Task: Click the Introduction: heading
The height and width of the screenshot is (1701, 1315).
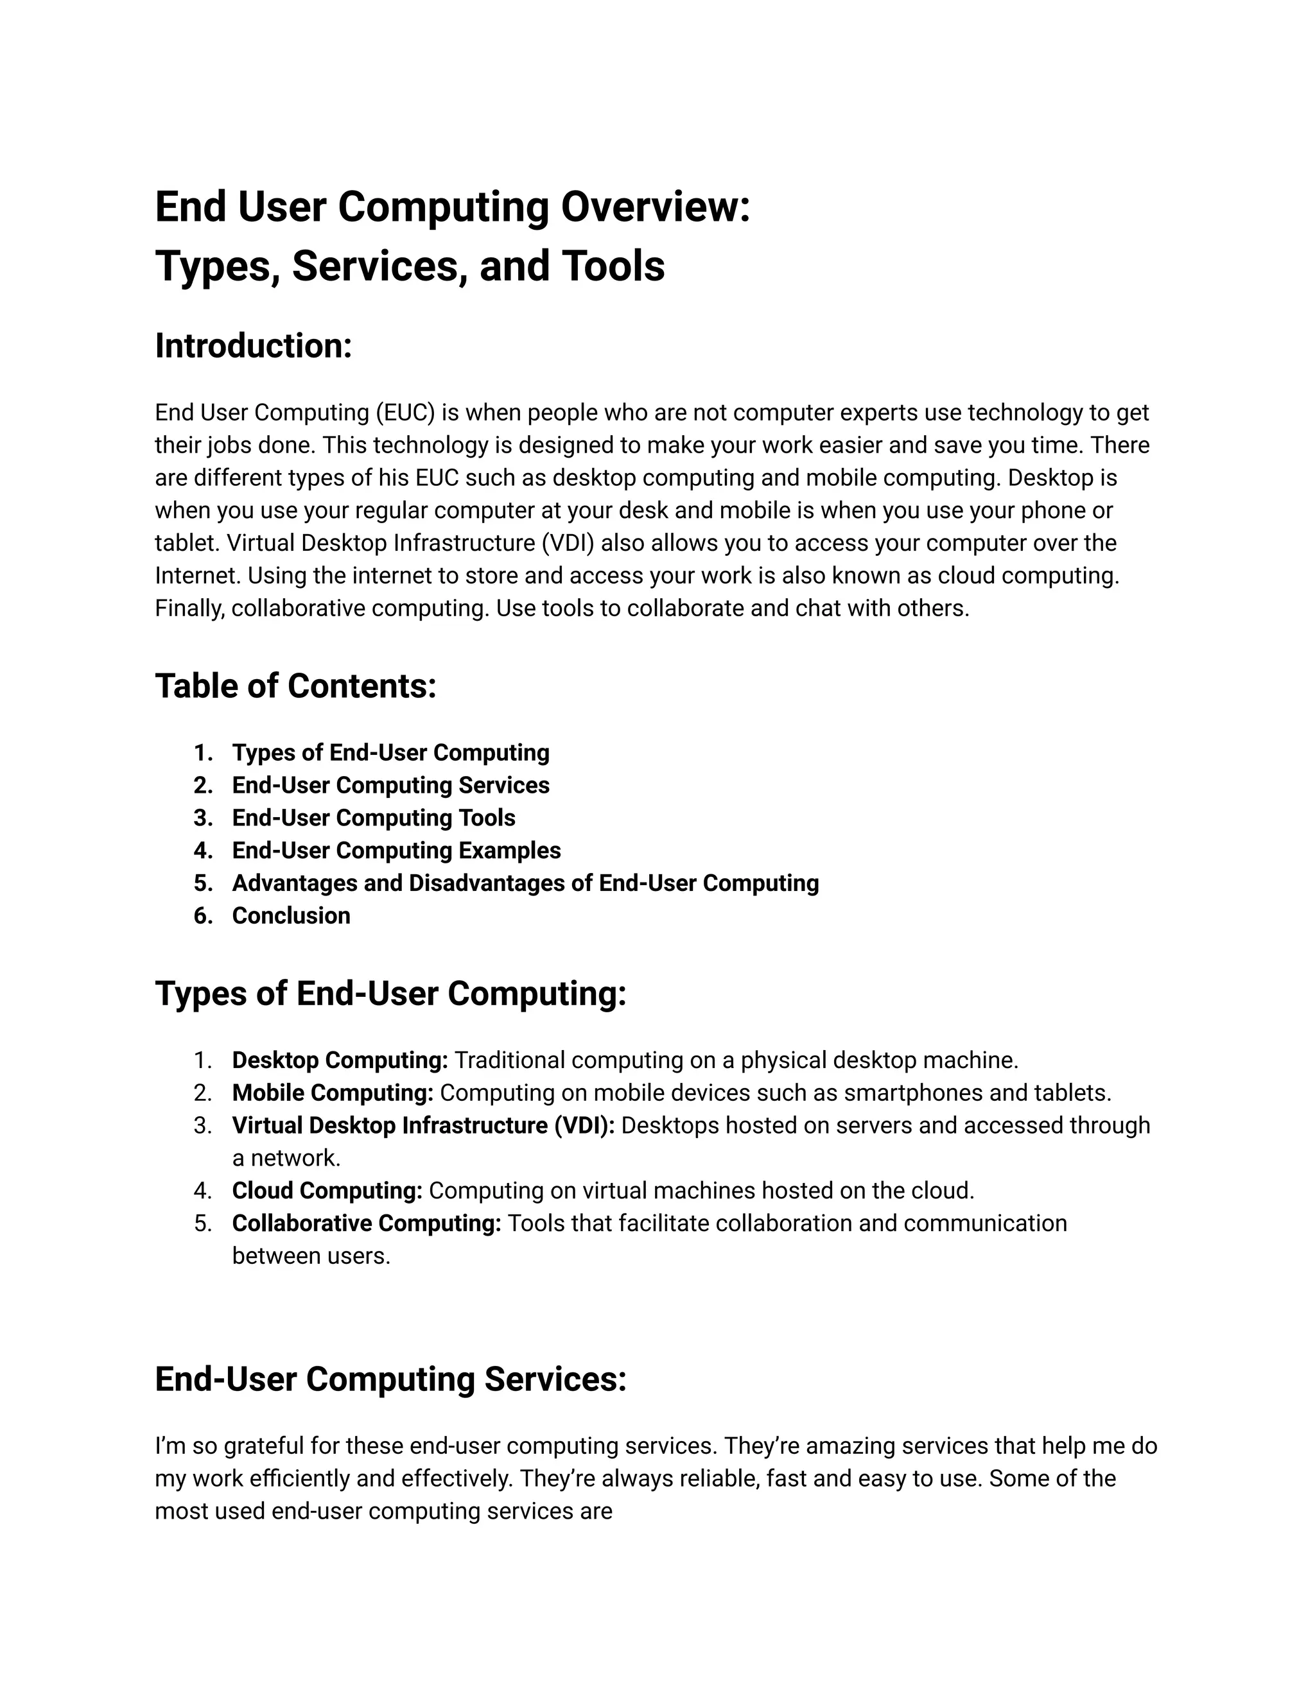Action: (x=253, y=346)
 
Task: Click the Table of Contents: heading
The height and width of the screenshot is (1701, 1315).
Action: (x=295, y=686)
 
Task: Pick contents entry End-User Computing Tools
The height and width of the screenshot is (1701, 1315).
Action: (x=373, y=818)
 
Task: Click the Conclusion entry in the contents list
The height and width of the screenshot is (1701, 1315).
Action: (x=291, y=916)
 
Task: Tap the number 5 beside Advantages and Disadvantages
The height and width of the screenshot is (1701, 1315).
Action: (x=202, y=883)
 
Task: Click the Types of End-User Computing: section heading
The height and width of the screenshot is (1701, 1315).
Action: (x=390, y=994)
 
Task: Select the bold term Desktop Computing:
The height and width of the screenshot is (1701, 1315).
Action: (x=340, y=1060)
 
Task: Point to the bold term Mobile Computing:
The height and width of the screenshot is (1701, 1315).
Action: (x=333, y=1092)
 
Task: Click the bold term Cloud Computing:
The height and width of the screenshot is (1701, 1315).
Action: (x=327, y=1191)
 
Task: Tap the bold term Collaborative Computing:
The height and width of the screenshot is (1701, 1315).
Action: (x=366, y=1223)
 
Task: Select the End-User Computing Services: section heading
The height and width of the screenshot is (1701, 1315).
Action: (x=390, y=1379)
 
